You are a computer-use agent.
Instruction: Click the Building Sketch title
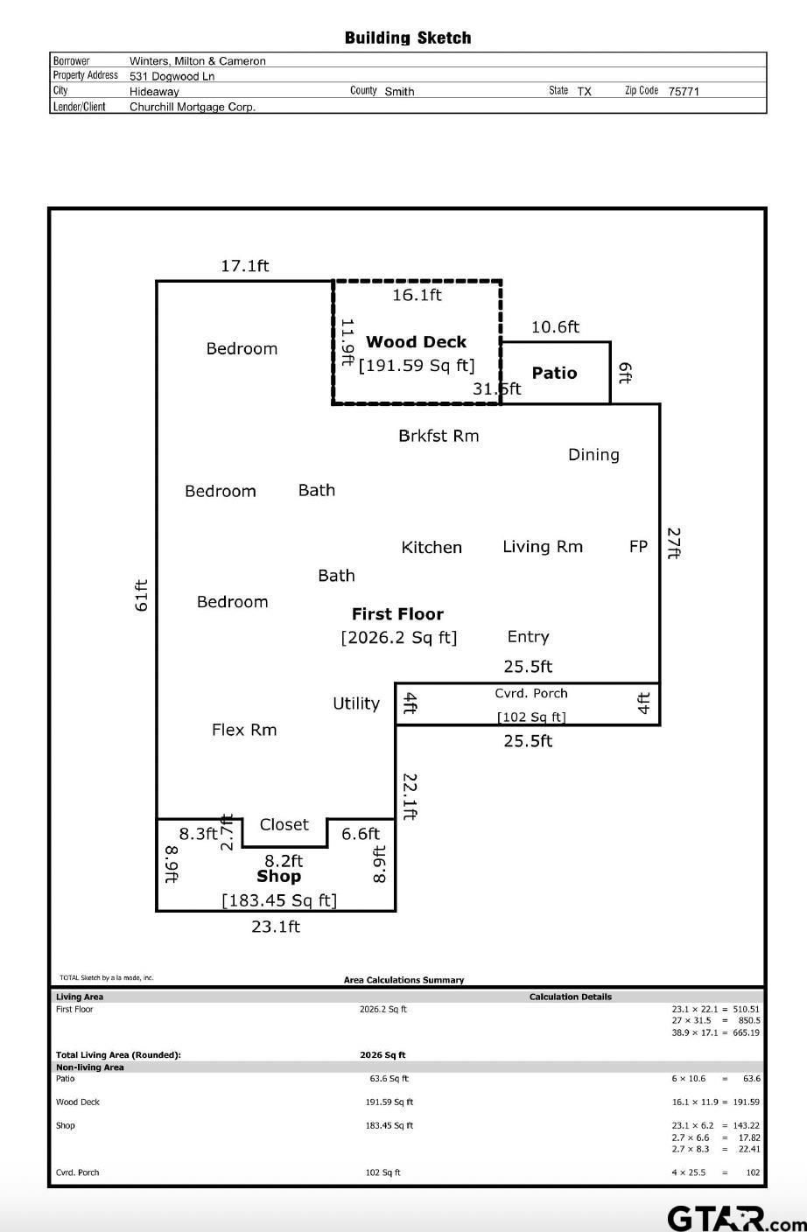(408, 38)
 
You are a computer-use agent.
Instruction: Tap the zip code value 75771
(684, 91)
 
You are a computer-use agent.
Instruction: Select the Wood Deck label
(416, 342)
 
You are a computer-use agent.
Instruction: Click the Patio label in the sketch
(554, 373)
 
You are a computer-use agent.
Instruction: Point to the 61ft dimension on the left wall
(142, 595)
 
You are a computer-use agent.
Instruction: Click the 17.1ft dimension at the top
(245, 266)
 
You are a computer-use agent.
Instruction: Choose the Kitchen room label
(432, 547)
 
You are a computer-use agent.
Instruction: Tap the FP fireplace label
(638, 546)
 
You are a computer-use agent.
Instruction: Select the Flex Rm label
(244, 730)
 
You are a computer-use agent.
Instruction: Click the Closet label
(284, 824)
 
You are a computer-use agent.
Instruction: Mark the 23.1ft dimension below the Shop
(276, 927)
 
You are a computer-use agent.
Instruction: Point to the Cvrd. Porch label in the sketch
(530, 693)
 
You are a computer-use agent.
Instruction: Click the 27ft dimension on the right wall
(675, 543)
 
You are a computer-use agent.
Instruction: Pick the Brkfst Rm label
(439, 436)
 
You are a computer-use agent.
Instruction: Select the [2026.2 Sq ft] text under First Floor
(399, 638)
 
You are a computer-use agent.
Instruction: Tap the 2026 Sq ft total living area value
(382, 1055)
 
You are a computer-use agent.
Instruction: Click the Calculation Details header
(571, 997)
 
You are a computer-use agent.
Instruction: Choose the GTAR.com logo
(737, 1218)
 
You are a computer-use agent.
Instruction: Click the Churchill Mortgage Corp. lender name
(193, 107)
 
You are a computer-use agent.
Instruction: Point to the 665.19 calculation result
(746, 1032)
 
